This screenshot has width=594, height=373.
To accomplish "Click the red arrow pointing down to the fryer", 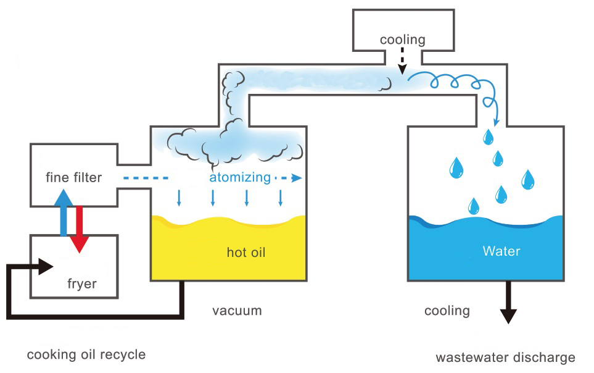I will coord(78,230).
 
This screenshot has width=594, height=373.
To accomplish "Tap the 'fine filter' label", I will coord(73,178).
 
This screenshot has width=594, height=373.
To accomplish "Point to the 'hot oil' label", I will coord(246,252).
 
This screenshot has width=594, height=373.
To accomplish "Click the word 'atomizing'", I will coord(240,178).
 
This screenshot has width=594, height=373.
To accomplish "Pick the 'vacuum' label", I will coord(237,310).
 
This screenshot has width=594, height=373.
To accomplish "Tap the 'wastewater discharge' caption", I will coord(505,357).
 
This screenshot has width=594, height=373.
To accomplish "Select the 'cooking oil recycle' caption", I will coord(86,354).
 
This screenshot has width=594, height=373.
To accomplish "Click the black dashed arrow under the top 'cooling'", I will coord(402,62).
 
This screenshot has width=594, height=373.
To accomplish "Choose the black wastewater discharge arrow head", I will coord(508,316).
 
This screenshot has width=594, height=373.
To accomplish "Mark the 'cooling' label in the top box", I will coord(402,40).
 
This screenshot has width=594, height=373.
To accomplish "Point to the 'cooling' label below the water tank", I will coord(447,310).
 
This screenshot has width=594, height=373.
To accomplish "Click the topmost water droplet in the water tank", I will coord(489,135).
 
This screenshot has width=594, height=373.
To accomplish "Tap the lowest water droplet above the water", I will coord(473,205).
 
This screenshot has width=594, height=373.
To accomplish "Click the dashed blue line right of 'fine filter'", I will coord(146,178).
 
